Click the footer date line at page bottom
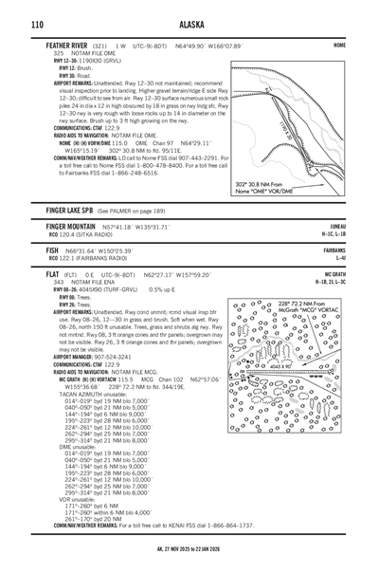click(189, 561)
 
